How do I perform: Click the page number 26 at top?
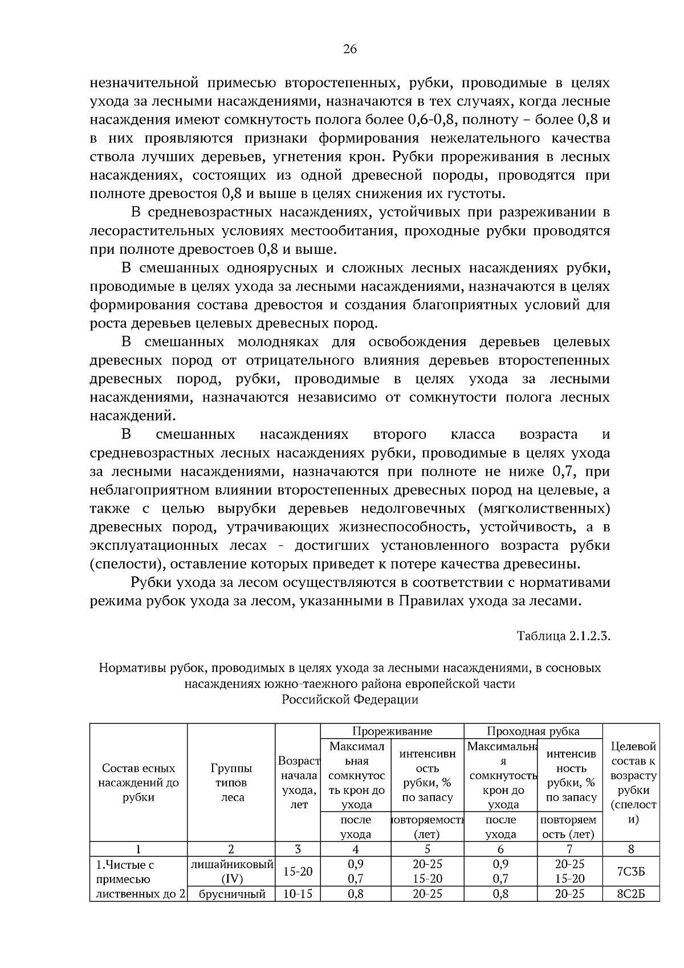tap(349, 50)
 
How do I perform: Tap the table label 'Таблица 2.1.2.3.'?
tap(563, 635)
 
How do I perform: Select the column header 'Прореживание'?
tap(392, 731)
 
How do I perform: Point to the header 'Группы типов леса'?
tap(231, 783)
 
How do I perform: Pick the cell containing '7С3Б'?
tap(630, 872)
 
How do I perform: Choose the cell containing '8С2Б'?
tap(630, 894)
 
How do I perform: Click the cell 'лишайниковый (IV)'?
tap(231, 872)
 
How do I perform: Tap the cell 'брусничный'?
tap(231, 894)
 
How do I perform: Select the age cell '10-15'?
tap(298, 894)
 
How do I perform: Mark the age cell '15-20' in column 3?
tap(298, 872)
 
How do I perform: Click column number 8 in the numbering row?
tap(630, 849)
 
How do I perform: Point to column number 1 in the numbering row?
tap(139, 849)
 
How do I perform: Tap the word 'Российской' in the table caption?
tap(315, 700)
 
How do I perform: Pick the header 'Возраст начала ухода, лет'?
tap(298, 783)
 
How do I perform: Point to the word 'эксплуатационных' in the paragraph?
tap(154, 545)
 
